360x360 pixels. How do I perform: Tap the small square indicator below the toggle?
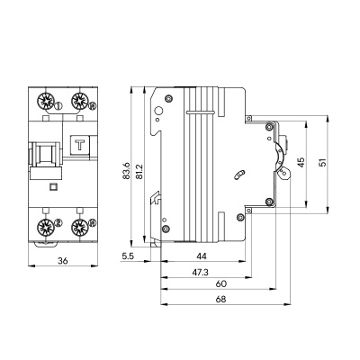51,189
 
